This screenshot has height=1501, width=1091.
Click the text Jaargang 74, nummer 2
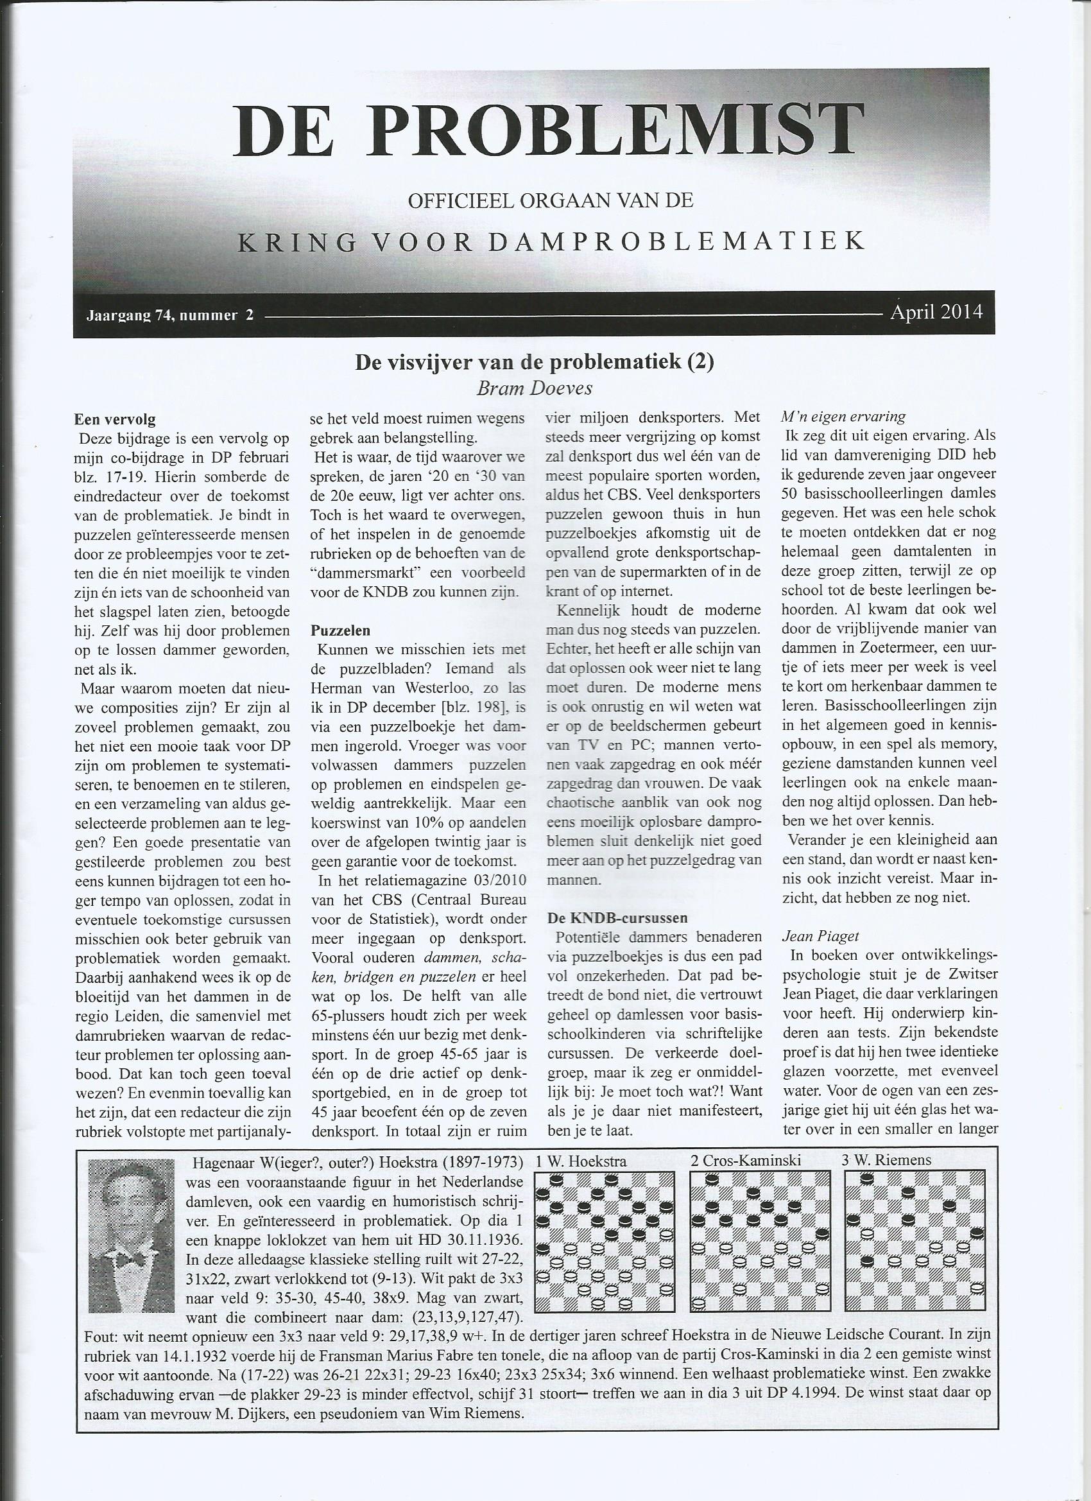tap(170, 316)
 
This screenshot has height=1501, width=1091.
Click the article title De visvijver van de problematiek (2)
tap(535, 363)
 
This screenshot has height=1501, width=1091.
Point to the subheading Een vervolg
tap(116, 419)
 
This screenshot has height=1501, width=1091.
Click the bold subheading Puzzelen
tap(341, 630)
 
